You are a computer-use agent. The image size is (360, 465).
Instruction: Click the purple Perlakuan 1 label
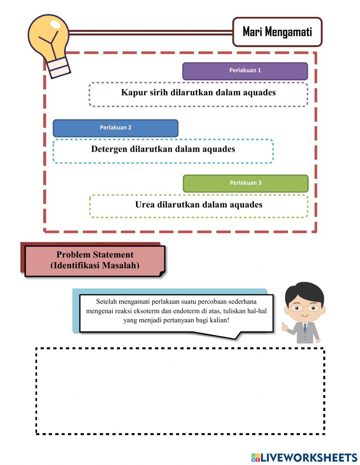(x=245, y=71)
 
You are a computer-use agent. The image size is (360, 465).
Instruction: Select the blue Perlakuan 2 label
(x=116, y=128)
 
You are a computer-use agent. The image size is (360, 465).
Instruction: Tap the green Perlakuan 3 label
(x=246, y=183)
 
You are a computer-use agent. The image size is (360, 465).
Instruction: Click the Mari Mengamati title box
(x=277, y=32)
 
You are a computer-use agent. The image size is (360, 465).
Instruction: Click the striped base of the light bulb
(x=58, y=68)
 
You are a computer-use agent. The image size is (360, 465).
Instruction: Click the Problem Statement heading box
(x=95, y=260)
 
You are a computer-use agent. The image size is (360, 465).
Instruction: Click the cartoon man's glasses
(x=305, y=308)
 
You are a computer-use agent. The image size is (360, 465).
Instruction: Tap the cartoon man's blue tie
(x=305, y=328)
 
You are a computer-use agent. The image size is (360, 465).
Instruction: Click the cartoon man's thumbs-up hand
(x=285, y=327)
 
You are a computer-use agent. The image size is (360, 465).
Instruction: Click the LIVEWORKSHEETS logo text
(x=309, y=457)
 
